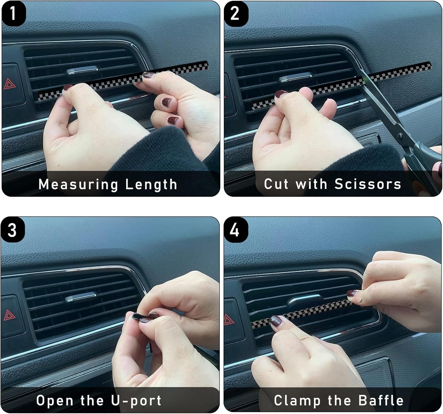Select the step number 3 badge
tap(13, 230)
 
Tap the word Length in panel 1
tap(151, 184)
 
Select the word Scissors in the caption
tap(368, 184)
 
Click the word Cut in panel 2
tap(276, 184)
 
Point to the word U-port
tap(136, 400)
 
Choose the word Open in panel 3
tap(55, 401)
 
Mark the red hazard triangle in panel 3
tap(9, 315)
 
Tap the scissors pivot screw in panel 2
tap(400, 134)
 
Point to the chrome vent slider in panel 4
tap(305, 299)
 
